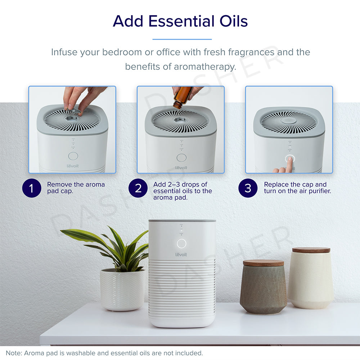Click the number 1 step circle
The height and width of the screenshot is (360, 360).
click(31, 188)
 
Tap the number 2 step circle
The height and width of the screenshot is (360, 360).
click(139, 188)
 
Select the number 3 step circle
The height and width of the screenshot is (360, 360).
click(248, 188)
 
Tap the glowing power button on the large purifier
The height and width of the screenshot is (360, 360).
click(181, 243)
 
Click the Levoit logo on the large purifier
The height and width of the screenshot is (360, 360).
click(181, 255)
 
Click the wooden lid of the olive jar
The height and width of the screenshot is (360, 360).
click(263, 263)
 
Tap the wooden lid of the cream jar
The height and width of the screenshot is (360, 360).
click(311, 250)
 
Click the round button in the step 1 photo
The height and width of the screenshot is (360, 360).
click(73, 156)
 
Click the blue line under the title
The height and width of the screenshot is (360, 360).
click(182, 39)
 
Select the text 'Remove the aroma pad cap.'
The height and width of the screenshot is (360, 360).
click(76, 188)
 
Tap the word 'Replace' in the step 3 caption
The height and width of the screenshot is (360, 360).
click(276, 184)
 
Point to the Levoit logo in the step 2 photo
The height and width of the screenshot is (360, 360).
click(181, 168)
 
